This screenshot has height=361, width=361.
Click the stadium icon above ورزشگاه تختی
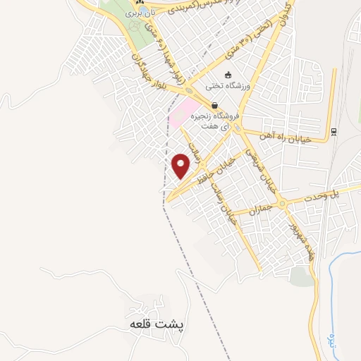point(227,74)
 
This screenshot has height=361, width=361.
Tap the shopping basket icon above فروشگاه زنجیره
point(214,105)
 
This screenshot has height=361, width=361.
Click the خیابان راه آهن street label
point(286,135)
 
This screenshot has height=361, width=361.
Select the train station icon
point(334,131)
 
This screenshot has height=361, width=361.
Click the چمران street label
point(260,210)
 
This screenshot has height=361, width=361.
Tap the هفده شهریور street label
point(299,240)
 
